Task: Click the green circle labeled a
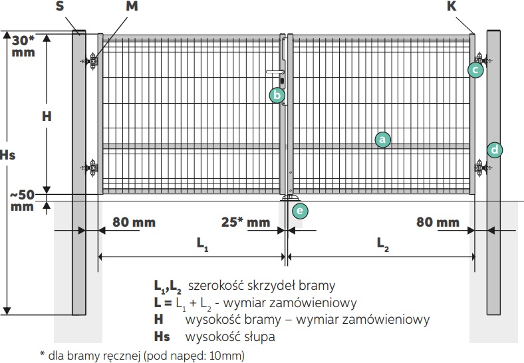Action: [x=382, y=139]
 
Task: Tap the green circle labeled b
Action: [x=277, y=95]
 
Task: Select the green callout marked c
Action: [x=475, y=69]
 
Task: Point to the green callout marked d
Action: [x=495, y=150]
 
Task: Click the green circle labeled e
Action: [x=301, y=211]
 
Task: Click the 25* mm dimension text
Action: [x=245, y=221]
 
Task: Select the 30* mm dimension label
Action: [x=23, y=45]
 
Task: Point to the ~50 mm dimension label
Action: [x=23, y=200]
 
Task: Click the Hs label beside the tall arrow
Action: [x=8, y=156]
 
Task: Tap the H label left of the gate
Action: [x=47, y=116]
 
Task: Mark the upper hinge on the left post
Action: [x=92, y=62]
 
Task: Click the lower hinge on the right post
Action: [x=480, y=168]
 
